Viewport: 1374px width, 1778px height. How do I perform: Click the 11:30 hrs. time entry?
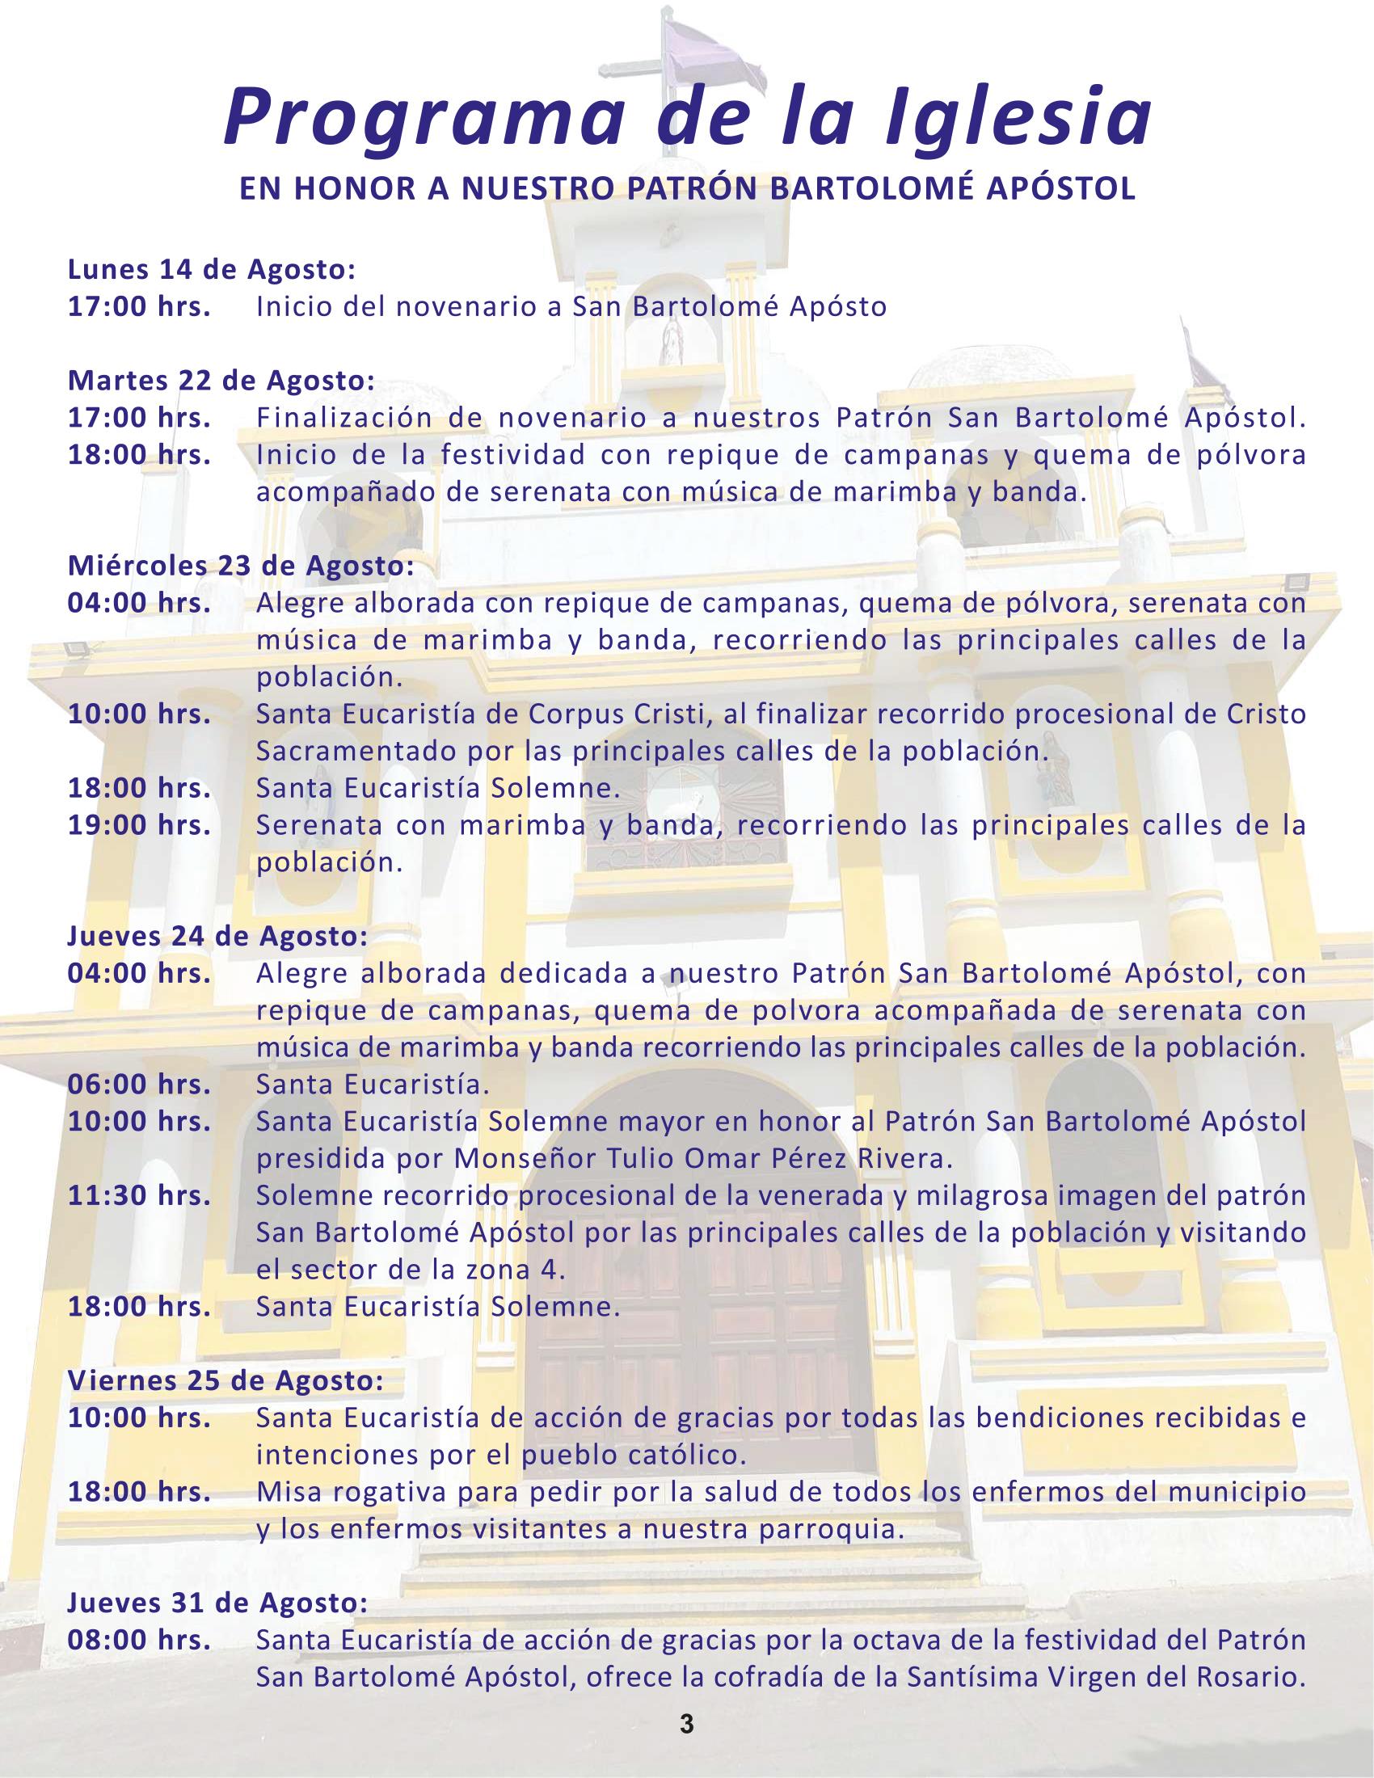coord(139,1196)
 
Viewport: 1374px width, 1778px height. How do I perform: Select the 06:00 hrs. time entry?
coord(139,1085)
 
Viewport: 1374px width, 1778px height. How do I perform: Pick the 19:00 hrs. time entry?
coord(139,824)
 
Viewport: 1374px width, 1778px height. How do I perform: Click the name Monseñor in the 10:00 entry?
coord(526,1158)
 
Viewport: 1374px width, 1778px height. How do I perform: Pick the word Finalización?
coord(350,418)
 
